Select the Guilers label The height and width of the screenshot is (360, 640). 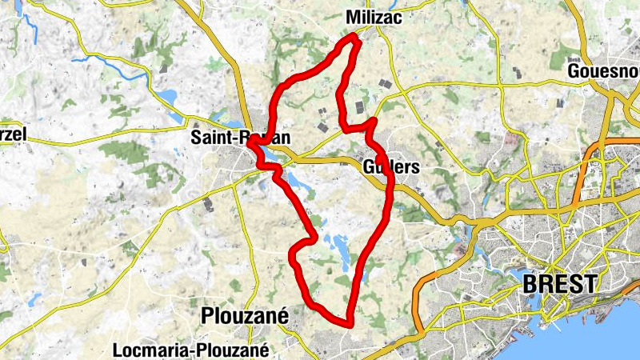tap(390, 167)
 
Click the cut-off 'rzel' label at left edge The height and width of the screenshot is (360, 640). tap(12, 134)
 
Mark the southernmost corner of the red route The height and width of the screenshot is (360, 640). tap(350, 324)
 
